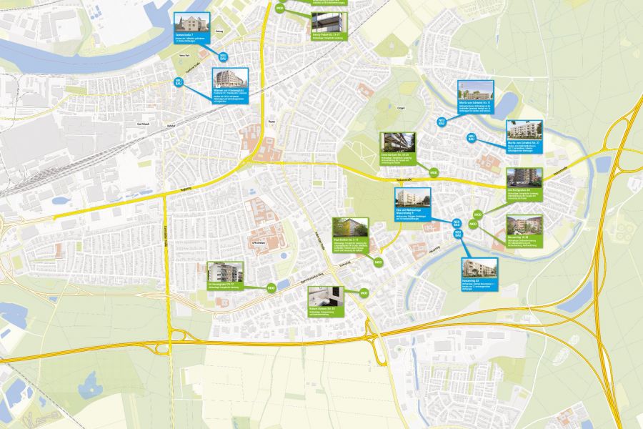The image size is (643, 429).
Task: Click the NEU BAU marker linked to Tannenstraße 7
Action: pyautogui.click(x=223, y=56)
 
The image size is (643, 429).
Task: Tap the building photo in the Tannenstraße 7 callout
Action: pyautogui.click(x=192, y=22)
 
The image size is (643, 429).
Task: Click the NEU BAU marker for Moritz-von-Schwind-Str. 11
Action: pyautogui.click(x=442, y=122)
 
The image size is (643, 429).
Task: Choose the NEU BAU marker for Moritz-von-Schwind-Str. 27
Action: pyautogui.click(x=472, y=137)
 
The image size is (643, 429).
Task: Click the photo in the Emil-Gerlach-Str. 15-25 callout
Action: pyautogui.click(x=396, y=142)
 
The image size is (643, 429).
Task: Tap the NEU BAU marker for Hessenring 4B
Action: pyautogui.click(x=458, y=233)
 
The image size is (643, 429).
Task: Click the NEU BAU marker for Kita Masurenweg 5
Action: pyautogui.click(x=457, y=224)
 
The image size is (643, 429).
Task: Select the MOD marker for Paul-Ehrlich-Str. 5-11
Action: pyautogui.click(x=379, y=262)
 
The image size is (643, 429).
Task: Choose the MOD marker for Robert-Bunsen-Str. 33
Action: pyautogui.click(x=364, y=293)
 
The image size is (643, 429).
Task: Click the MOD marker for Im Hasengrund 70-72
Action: pyautogui.click(x=271, y=288)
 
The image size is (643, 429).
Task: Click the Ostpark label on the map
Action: pyautogui.click(x=401, y=109)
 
